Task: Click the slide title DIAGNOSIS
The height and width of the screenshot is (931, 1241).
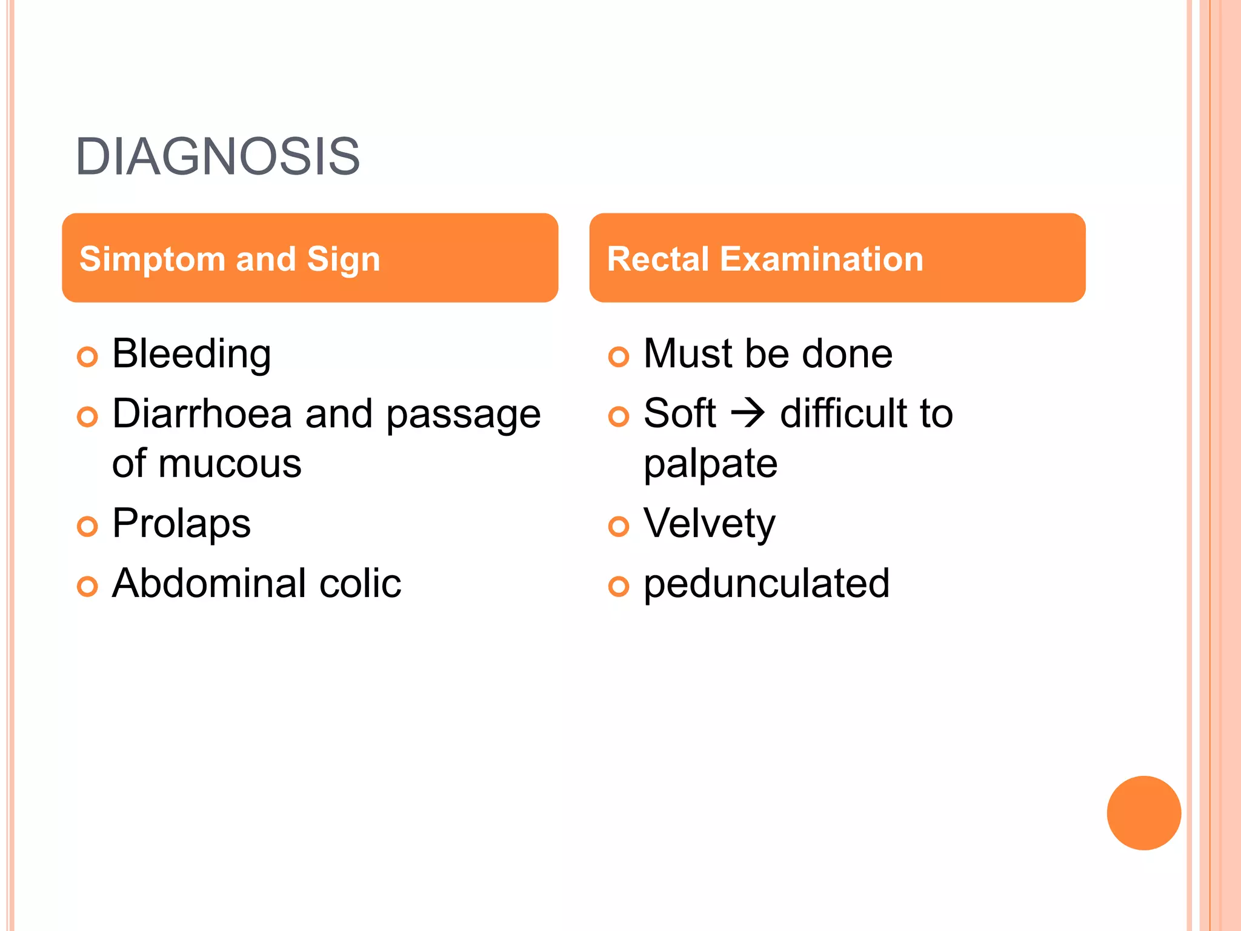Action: (218, 157)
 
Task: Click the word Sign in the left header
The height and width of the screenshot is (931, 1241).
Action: (343, 259)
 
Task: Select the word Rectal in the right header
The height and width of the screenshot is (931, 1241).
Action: (657, 259)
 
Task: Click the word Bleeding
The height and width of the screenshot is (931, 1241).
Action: (191, 354)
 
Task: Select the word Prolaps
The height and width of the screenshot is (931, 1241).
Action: (181, 524)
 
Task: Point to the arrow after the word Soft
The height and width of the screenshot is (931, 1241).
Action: (748, 415)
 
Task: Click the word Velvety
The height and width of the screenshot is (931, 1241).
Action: (709, 524)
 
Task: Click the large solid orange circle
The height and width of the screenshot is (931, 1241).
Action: (1143, 813)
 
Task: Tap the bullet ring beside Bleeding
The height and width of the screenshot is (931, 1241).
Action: (87, 357)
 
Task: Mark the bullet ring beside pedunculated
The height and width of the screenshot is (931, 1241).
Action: (618, 587)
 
